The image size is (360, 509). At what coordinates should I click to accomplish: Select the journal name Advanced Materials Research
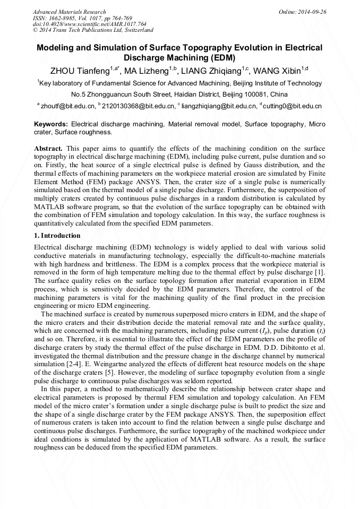tap(69, 12)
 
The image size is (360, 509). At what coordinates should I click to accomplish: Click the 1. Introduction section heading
tap(57, 235)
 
